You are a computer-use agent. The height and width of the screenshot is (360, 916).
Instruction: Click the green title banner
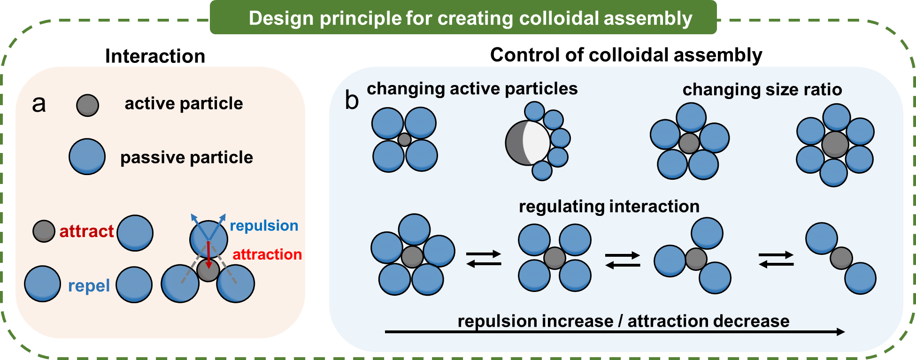(x=463, y=18)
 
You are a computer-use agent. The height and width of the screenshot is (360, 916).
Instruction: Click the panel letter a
(x=39, y=104)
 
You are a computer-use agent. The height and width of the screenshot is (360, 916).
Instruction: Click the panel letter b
(x=352, y=100)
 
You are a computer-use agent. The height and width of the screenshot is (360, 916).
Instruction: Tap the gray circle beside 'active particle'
(x=88, y=105)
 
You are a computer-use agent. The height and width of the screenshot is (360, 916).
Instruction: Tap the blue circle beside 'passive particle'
(x=87, y=157)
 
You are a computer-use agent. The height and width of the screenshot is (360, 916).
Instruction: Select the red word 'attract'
(x=86, y=231)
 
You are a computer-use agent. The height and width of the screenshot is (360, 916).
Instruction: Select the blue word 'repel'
(x=89, y=286)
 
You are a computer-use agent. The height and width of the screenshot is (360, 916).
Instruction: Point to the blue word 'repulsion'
(x=264, y=226)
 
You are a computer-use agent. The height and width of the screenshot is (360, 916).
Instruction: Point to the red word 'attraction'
(x=267, y=254)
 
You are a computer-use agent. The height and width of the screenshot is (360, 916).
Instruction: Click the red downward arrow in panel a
(x=208, y=256)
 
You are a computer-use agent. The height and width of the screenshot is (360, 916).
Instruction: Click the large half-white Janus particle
(x=528, y=143)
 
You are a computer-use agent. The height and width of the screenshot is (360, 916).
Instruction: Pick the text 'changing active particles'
(x=472, y=89)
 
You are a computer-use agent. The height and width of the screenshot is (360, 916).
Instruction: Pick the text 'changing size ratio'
(x=762, y=90)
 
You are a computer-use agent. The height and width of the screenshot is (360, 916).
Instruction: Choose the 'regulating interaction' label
(x=609, y=207)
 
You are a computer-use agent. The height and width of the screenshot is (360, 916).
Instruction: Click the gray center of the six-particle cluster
(x=835, y=145)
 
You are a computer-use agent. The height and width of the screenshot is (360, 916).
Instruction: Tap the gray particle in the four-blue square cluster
(x=404, y=139)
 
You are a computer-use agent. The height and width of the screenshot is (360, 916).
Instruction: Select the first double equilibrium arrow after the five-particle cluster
(x=484, y=259)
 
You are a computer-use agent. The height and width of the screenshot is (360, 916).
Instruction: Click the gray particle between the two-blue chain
(x=841, y=258)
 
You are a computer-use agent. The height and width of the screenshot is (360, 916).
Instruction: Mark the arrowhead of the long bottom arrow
(x=841, y=332)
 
